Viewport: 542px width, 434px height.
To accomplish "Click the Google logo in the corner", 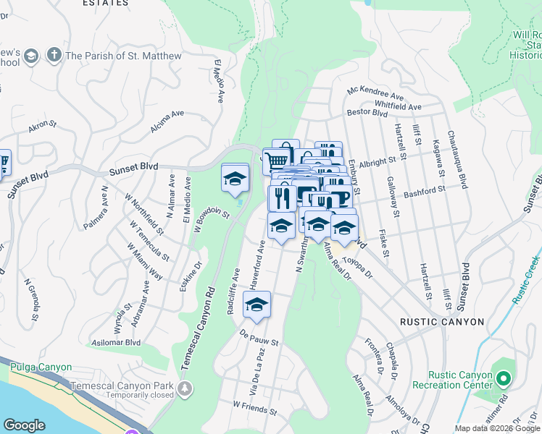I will click(x=24, y=425).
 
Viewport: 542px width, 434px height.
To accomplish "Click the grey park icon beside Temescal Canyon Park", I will click(x=186, y=389).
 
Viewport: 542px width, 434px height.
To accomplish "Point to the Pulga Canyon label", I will click(x=38, y=367).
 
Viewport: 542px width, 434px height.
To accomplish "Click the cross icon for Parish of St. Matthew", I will click(x=53, y=55).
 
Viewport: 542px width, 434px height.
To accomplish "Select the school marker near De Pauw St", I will click(x=257, y=307).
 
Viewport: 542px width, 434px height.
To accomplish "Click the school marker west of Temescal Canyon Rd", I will click(x=235, y=180).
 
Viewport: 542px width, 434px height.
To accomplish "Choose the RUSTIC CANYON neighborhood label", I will click(x=443, y=322).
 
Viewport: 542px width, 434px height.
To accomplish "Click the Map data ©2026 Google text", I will click(x=497, y=428).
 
